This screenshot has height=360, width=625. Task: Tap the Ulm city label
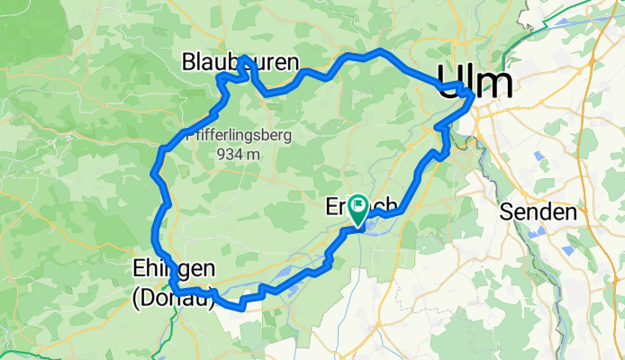click(x=475, y=84)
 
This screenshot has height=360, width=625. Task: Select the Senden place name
click(x=539, y=213)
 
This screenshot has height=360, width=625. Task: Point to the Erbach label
click(x=347, y=208)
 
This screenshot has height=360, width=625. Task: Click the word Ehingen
click(x=174, y=269)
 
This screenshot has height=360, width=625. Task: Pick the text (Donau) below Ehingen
click(x=174, y=299)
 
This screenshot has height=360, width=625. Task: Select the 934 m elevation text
click(x=239, y=154)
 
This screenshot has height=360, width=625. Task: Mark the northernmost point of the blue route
click(x=381, y=50)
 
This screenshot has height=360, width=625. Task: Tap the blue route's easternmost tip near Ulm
click(x=473, y=94)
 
